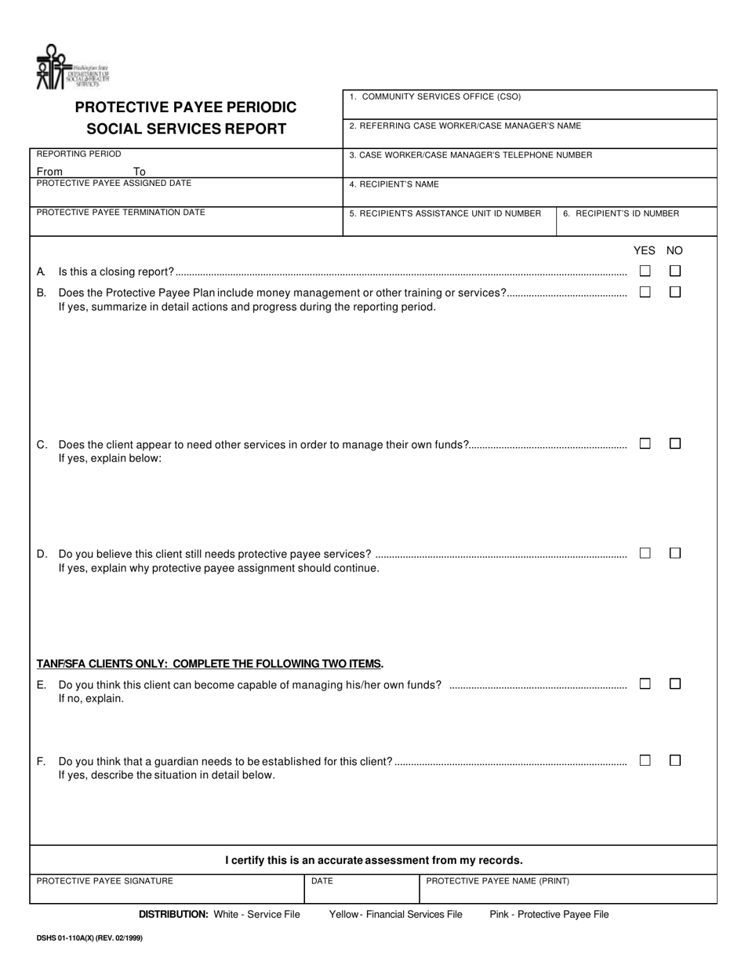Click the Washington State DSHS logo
coord(72,68)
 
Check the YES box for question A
coord(645,271)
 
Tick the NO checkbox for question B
coord(674,292)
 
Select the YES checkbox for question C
coord(645,443)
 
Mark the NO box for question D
coord(674,553)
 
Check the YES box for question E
coord(645,684)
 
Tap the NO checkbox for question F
coord(674,760)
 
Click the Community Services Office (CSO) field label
coord(435,97)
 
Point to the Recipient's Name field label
coord(394,184)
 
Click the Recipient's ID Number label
coord(621,213)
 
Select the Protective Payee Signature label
coord(105,881)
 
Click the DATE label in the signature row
coord(322,881)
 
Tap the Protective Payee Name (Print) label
coord(497,881)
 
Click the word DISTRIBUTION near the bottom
coord(173,914)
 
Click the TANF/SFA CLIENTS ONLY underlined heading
coord(210,664)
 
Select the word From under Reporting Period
coord(49,171)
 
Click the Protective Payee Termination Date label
coord(121,213)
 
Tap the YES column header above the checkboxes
coord(644,250)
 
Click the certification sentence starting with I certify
coord(373,860)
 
